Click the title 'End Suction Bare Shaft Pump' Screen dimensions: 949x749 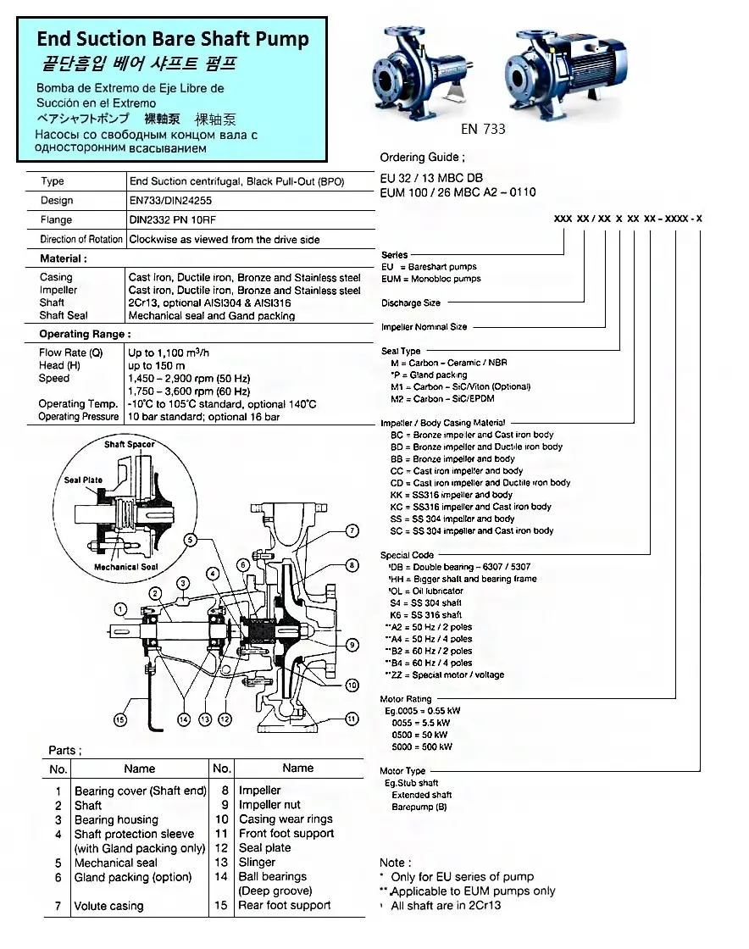[172, 39]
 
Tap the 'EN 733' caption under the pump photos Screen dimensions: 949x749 [483, 130]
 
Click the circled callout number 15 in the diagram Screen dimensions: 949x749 [120, 720]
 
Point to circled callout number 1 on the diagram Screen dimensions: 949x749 [121, 608]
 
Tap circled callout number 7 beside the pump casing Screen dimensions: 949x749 [352, 531]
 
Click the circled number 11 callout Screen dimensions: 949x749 [352, 719]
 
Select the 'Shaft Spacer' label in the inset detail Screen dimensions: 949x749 [130, 444]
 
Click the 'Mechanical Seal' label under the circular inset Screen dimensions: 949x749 [125, 567]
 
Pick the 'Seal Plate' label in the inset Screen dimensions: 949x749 [83, 480]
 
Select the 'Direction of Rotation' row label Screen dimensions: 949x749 [82, 240]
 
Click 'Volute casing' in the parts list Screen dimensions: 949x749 [108, 906]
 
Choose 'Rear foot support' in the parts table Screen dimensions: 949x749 [285, 905]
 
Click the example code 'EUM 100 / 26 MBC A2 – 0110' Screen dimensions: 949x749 [458, 192]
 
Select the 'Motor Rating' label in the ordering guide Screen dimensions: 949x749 [406, 699]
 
